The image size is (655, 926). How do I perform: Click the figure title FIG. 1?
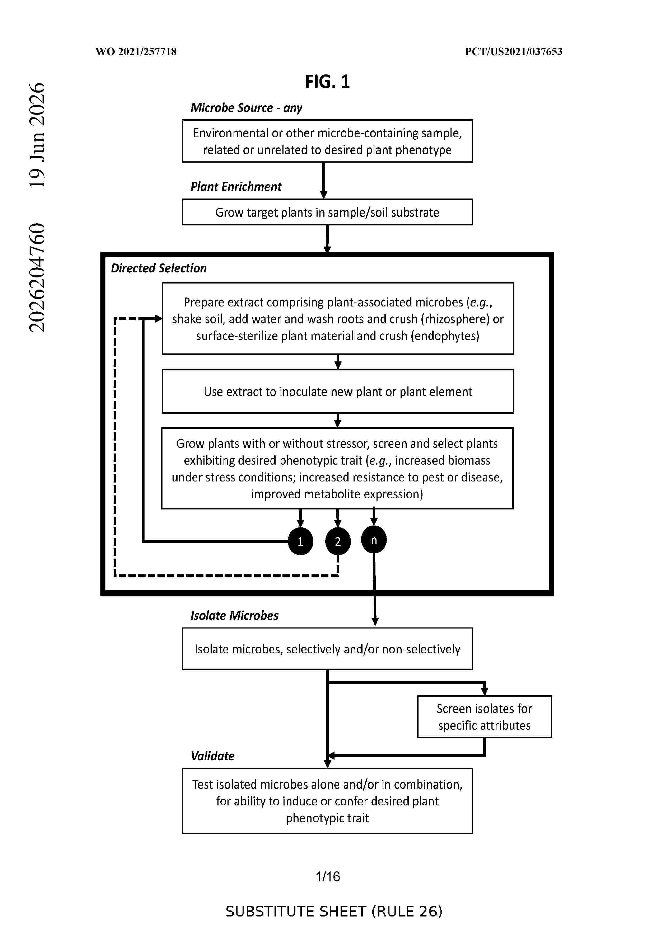click(x=327, y=82)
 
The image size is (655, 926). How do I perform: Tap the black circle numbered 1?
click(x=300, y=541)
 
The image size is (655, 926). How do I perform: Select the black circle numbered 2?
click(x=338, y=541)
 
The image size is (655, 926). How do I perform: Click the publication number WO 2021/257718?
click(x=136, y=52)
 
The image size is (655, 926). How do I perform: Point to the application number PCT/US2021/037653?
click(x=513, y=52)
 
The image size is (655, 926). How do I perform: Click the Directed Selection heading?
click(x=159, y=268)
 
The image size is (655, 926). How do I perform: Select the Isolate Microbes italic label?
click(x=234, y=616)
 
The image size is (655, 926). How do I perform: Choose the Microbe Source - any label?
click(x=246, y=108)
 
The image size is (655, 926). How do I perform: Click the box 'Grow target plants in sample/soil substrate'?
click(x=327, y=212)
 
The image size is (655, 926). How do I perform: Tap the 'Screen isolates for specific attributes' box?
click(x=484, y=717)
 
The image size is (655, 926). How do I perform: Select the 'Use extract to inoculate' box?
click(x=338, y=391)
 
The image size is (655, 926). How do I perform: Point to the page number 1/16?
click(x=328, y=876)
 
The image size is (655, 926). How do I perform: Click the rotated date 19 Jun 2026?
click(x=37, y=135)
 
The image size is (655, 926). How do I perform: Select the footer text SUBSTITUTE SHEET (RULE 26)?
click(x=334, y=911)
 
